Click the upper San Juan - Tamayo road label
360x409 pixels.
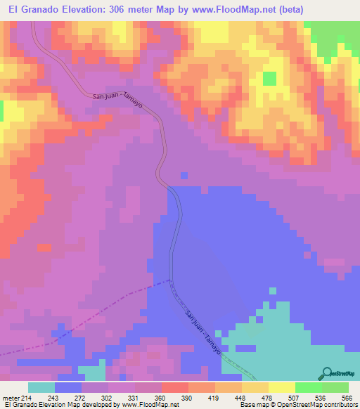[118, 100]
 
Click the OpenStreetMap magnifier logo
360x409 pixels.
[328, 373]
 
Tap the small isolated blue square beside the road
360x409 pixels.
[184, 175]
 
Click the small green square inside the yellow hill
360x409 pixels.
[269, 78]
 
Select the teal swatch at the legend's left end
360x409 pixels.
[41, 387]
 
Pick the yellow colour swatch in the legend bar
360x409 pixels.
[281, 387]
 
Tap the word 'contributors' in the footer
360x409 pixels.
[337, 405]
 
